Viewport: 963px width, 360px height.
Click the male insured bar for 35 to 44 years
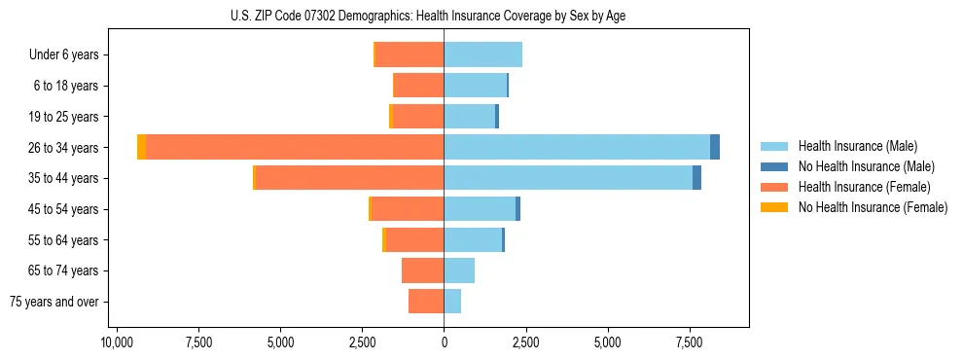[x=568, y=178]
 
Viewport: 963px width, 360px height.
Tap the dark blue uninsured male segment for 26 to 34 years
[x=715, y=147]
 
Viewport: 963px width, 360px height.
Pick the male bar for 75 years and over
[x=452, y=302]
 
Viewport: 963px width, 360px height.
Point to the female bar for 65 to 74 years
[x=423, y=270]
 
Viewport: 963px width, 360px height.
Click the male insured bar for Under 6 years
[x=483, y=54]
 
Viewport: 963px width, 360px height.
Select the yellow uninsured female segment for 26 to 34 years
[x=141, y=147]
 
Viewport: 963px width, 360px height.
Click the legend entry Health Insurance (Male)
[x=857, y=146]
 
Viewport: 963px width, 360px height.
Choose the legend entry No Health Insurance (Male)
[x=865, y=166]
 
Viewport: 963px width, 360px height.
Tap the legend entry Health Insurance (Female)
[x=863, y=187]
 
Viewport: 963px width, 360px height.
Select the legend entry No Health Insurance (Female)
[x=872, y=207]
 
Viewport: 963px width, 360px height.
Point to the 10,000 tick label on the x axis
[x=117, y=342]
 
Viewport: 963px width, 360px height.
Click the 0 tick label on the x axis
[x=444, y=342]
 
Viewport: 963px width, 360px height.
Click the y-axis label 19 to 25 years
[x=63, y=117]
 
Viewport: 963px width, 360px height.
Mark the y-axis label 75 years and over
[x=54, y=302]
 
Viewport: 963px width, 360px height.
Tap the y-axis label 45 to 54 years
[x=63, y=209]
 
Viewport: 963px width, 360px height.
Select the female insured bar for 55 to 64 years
[x=415, y=239]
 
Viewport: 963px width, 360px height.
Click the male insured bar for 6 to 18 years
[x=475, y=86]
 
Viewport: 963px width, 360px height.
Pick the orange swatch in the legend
[x=774, y=187]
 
